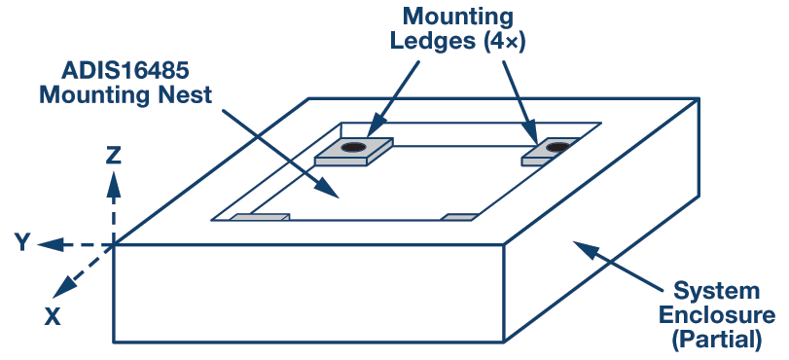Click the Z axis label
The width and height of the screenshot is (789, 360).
[113, 156]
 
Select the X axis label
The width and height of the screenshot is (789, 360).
[52, 316]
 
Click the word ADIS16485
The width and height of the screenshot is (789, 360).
[126, 71]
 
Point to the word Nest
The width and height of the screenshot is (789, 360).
[187, 94]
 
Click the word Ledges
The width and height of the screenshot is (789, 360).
[434, 42]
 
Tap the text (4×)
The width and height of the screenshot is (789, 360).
[505, 42]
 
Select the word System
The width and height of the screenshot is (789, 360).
[716, 291]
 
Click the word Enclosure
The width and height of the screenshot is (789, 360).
[717, 315]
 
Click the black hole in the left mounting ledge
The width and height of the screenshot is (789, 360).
[354, 147]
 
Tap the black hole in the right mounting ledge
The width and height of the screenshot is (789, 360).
[557, 147]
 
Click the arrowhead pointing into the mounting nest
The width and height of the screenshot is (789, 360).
[326, 188]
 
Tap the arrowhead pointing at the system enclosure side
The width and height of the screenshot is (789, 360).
[586, 249]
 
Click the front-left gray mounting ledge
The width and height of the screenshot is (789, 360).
[260, 217]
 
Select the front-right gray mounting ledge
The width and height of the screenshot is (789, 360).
[459, 217]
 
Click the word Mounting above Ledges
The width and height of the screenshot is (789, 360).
[458, 18]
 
